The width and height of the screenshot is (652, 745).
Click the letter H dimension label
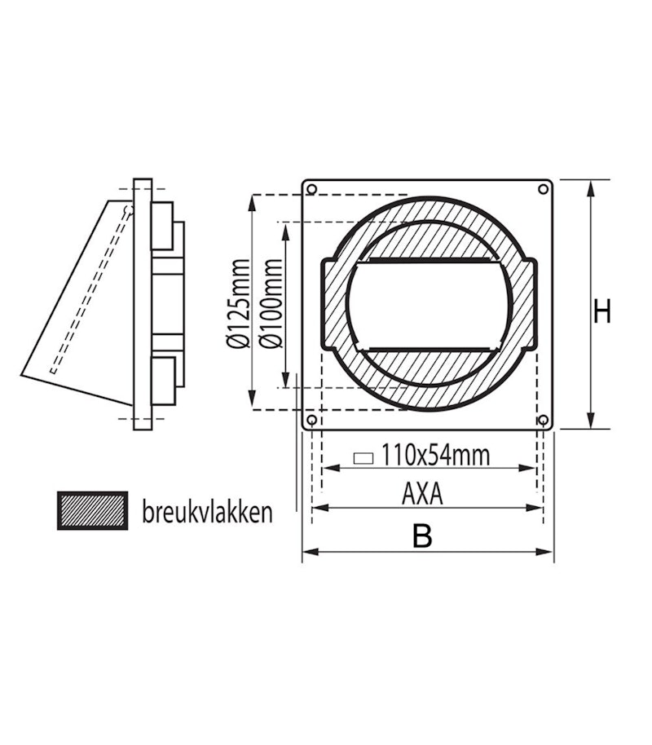pyautogui.click(x=601, y=311)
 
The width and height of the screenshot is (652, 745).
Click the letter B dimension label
pyautogui.click(x=421, y=536)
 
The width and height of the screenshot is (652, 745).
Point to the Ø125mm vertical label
pyautogui.click(x=238, y=303)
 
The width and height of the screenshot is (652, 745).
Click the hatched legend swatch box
pyautogui.click(x=92, y=510)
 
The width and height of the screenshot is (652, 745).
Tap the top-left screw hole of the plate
pyautogui.click(x=311, y=190)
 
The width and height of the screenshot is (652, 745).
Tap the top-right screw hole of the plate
pyautogui.click(x=543, y=190)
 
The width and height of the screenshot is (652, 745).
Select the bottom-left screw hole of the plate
pyautogui.click(x=311, y=421)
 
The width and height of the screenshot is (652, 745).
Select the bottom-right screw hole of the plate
pyautogui.click(x=543, y=421)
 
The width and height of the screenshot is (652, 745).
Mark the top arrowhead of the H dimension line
pyautogui.click(x=592, y=185)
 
